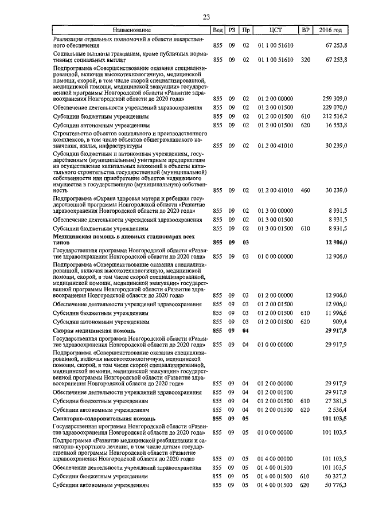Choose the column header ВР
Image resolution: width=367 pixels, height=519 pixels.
tap(305, 30)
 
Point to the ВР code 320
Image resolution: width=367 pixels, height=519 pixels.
tap(305, 59)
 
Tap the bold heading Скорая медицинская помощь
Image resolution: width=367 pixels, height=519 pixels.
tap(94, 331)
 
